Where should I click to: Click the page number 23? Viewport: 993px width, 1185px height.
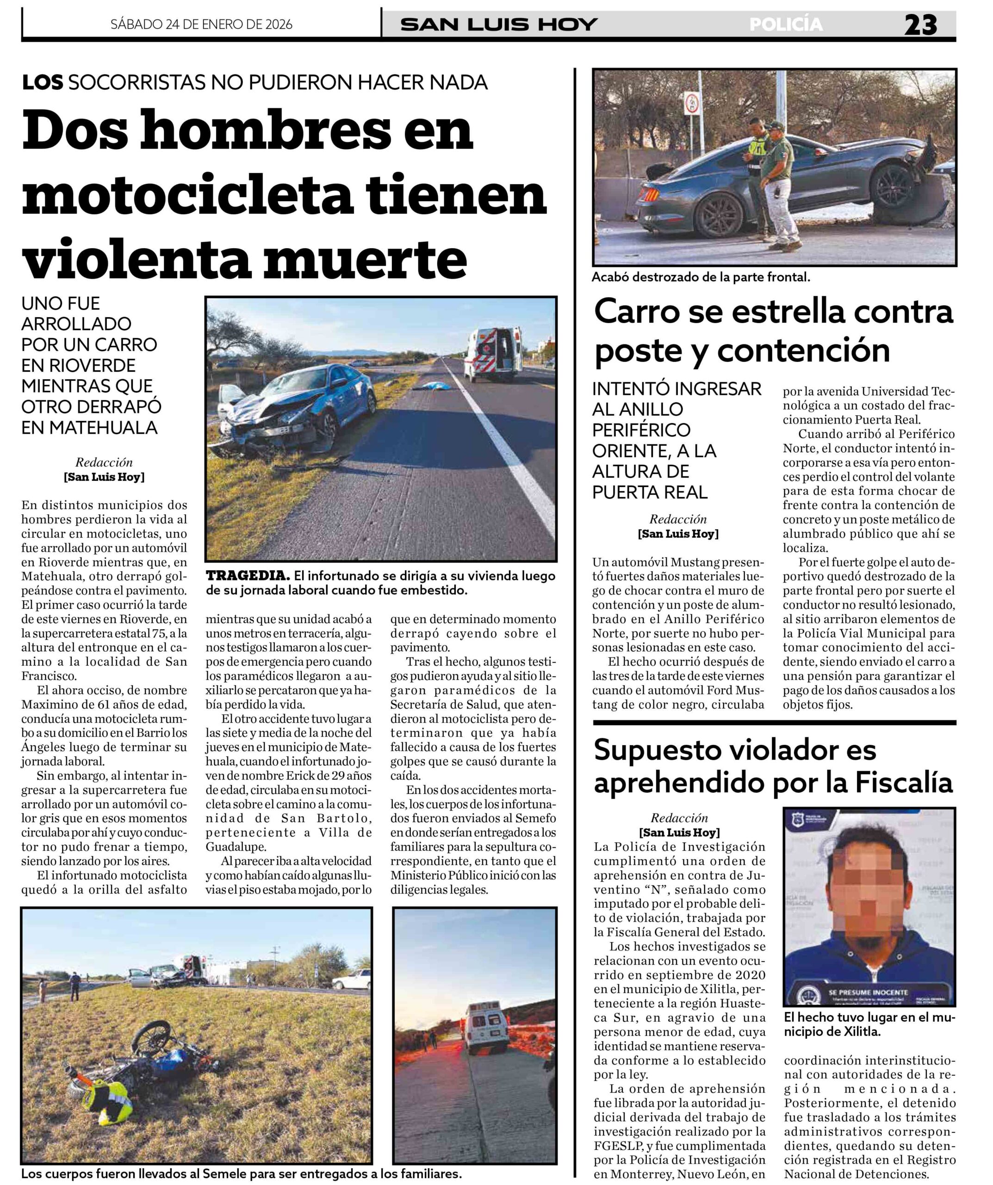point(920,25)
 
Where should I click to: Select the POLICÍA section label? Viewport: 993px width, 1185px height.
point(786,25)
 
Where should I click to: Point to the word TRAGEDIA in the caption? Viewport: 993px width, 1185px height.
point(248,576)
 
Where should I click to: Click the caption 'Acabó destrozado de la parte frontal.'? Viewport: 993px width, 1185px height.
point(701,277)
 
